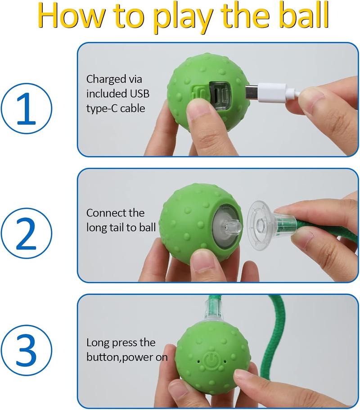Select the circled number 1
pos(27,108)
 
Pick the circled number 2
pos(27,234)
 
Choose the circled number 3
pos(27,351)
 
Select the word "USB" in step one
pos(139,93)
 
